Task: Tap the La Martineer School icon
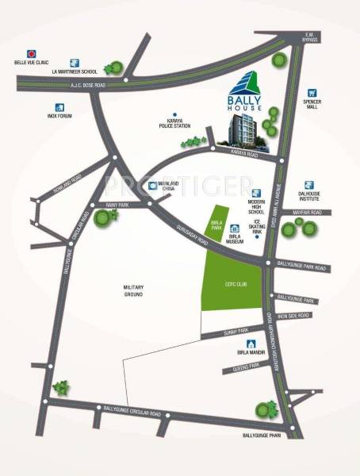[x=74, y=60]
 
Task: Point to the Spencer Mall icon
[x=312, y=93]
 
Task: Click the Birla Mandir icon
[x=251, y=344]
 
